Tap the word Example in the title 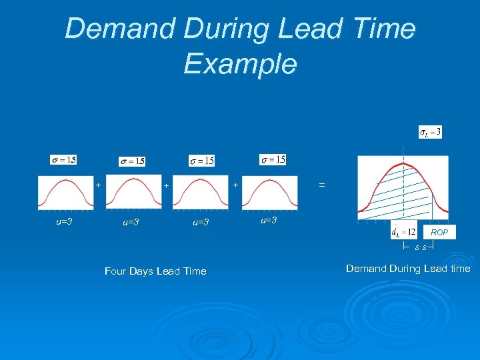pos(240,64)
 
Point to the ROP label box pos(439,232)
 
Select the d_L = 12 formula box pos(403,231)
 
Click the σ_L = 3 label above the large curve pos(430,132)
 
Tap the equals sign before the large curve pos(322,185)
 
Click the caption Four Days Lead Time pos(155,271)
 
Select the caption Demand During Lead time pos(408,269)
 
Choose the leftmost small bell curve pos(65,193)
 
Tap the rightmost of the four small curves pos(269,193)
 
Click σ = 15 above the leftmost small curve pos(63,159)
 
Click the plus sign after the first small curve pos(98,184)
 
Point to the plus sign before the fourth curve pos(235,184)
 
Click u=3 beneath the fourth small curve pos(268,220)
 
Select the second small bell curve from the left pos(132,193)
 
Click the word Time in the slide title pos(385,29)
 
